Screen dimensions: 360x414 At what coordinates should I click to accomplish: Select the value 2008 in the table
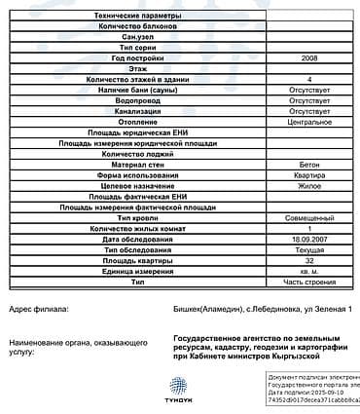coord(308,58)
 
